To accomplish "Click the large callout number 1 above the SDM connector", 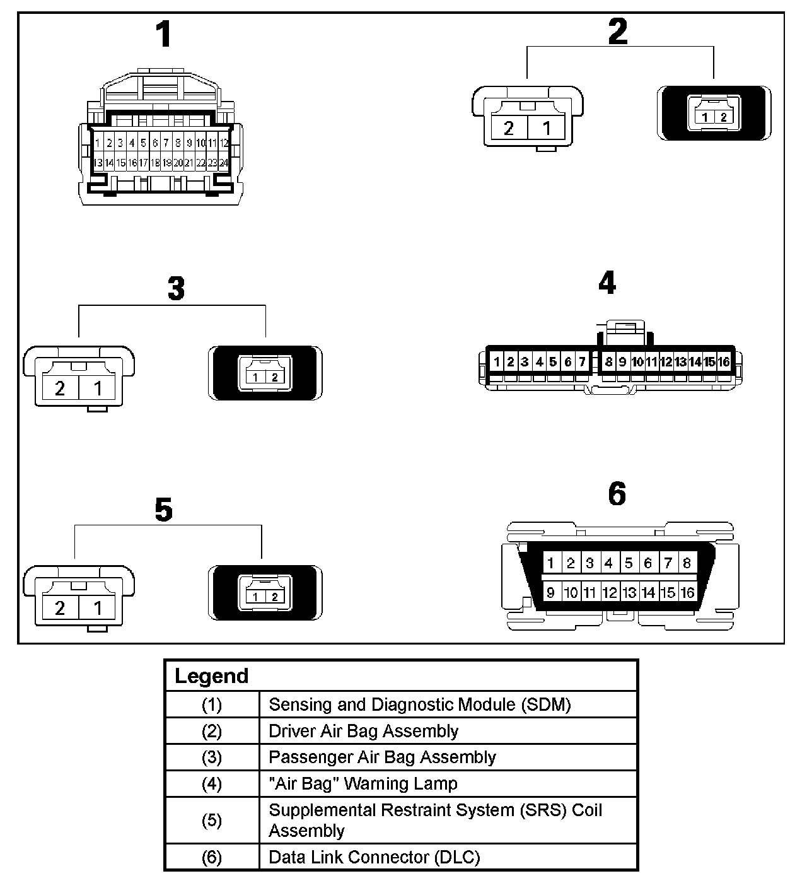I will point(163,35).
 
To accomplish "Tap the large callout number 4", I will point(607,283).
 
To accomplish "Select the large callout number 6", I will point(617,494).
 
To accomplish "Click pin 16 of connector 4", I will point(724,362).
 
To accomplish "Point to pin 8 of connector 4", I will point(608,362).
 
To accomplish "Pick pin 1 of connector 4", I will point(497,362).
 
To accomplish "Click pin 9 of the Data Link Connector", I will point(551,593).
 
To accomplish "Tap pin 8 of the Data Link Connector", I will point(687,563).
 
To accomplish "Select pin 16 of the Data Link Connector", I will point(687,593).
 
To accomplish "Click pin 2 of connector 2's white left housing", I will point(509,128).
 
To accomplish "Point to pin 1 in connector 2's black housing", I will point(706,117).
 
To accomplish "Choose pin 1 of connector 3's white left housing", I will point(98,387).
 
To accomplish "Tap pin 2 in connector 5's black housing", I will point(274,597).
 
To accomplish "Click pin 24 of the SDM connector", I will point(223,163).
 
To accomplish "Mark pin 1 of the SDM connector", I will point(98,143).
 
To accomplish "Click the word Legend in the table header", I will point(211,676).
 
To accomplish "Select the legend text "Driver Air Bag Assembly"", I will point(363,731).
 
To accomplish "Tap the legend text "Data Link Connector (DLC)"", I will point(374,857).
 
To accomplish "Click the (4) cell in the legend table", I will point(211,784).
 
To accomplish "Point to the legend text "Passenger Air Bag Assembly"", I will point(382,757).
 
